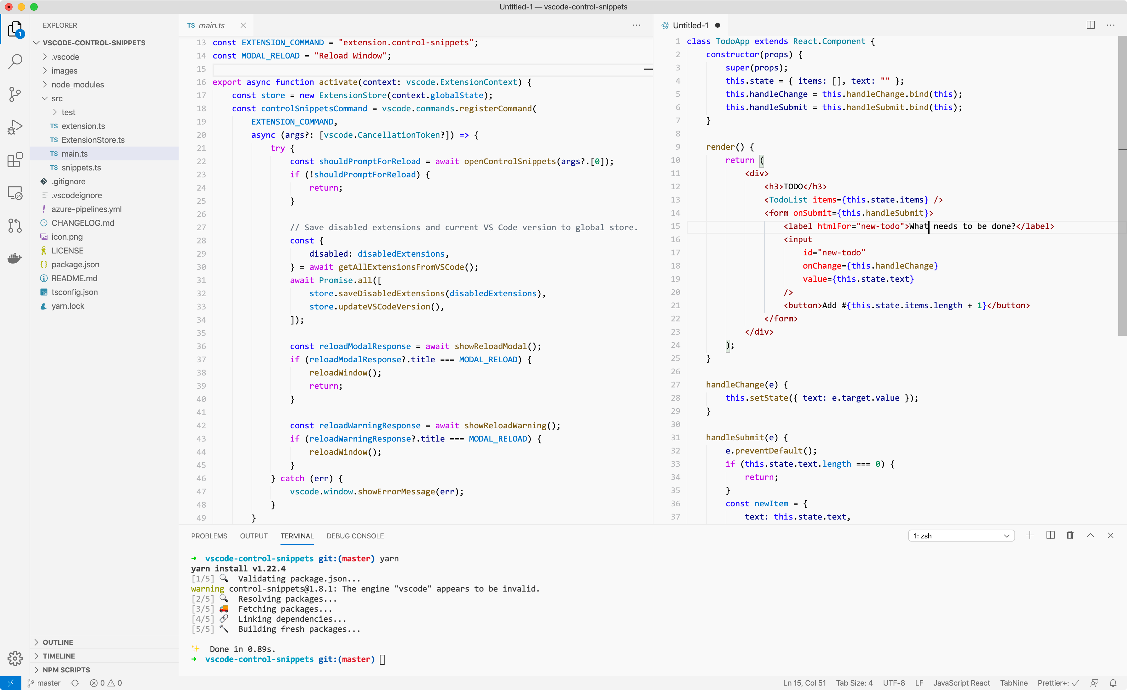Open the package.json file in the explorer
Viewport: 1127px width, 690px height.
coord(75,264)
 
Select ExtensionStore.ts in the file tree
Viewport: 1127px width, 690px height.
coord(93,140)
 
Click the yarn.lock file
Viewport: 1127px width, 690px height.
coord(68,306)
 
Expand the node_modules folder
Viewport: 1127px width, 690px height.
coord(77,85)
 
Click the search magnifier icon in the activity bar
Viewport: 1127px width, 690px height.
coord(15,61)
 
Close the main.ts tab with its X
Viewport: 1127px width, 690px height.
coord(243,25)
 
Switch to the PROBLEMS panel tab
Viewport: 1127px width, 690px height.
coord(209,536)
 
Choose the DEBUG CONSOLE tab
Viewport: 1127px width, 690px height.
coord(355,536)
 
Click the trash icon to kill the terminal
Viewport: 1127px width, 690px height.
coord(1070,535)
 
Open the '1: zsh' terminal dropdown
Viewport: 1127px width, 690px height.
coord(961,536)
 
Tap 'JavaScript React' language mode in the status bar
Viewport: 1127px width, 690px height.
coord(961,683)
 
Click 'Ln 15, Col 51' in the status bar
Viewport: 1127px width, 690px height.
coord(804,683)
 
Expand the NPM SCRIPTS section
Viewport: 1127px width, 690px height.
coord(66,670)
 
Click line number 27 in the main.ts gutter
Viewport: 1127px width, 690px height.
coord(201,227)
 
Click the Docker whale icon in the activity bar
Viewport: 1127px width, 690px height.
coord(15,259)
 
